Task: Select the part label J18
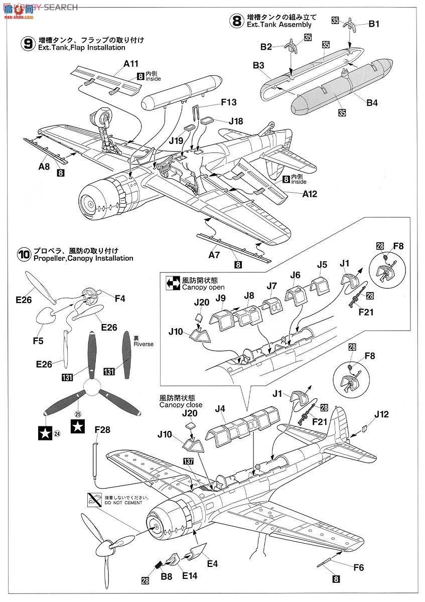pos(235,121)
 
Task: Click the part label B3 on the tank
pos(259,65)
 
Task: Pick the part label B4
pos(372,103)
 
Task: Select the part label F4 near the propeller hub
pos(119,298)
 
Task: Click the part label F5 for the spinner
pos(38,341)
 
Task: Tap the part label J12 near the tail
pos(381,414)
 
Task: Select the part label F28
pos(102,430)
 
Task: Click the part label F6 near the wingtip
pos(358,568)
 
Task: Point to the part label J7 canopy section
pos(271,285)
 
